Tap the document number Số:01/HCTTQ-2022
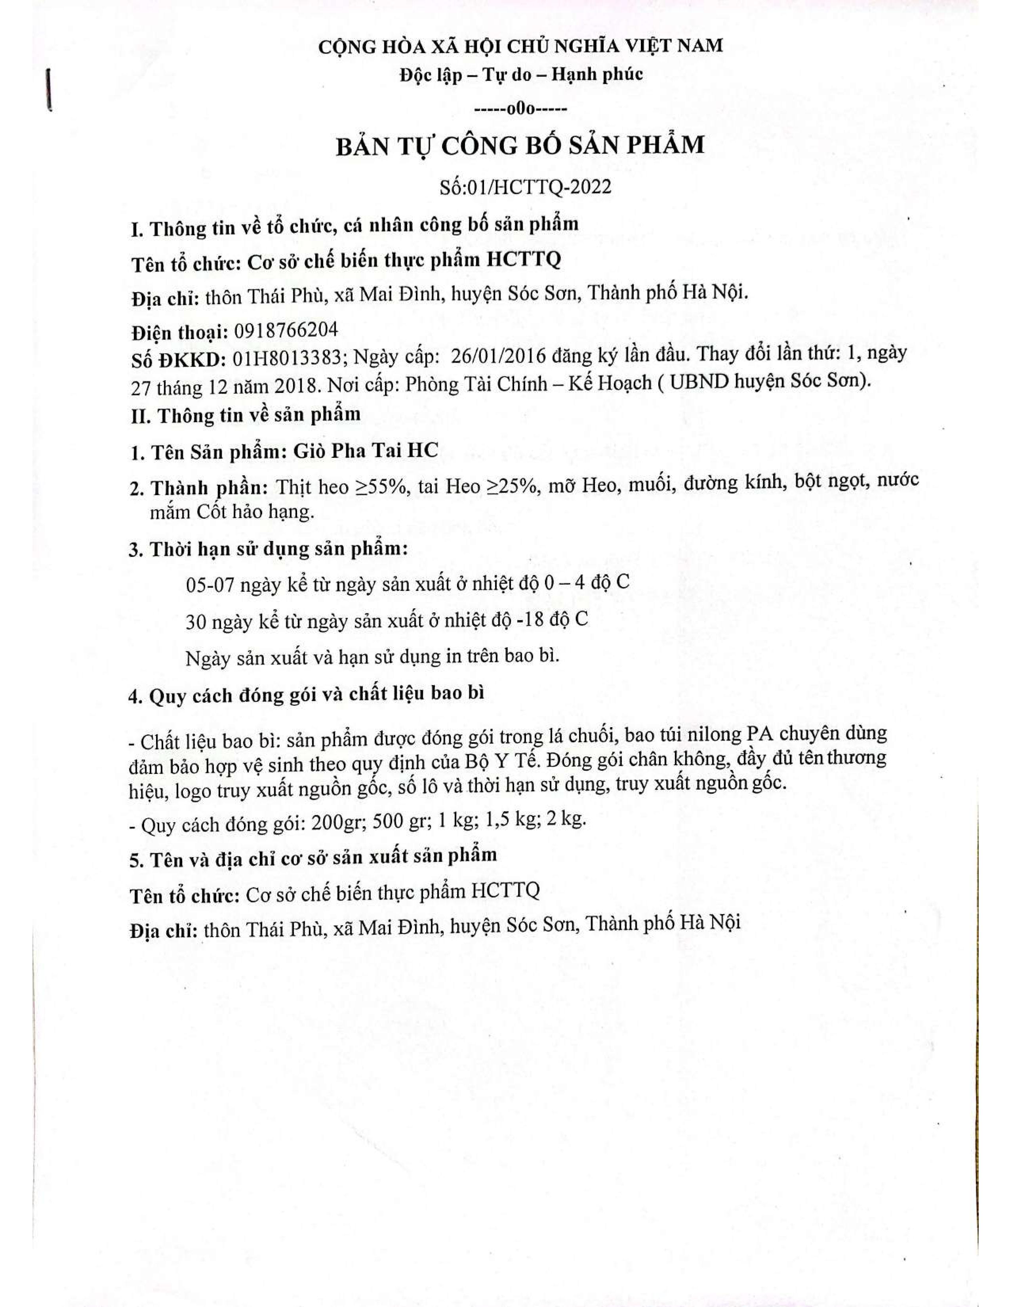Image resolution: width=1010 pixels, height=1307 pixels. pos(525,187)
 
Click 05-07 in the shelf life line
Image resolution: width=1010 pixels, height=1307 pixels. pos(210,585)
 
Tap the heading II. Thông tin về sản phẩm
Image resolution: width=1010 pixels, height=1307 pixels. pos(246,415)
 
